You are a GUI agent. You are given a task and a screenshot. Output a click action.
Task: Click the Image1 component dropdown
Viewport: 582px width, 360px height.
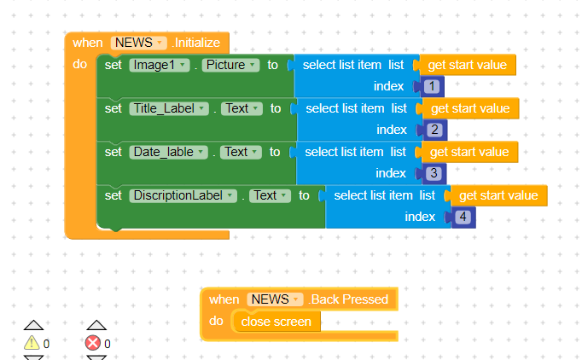160,65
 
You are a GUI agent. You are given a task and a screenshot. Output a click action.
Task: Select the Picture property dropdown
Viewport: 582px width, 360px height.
230,65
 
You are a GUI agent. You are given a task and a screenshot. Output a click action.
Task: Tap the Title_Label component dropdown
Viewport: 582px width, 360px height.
169,108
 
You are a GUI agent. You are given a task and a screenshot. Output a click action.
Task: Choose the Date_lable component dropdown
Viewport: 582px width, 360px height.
168,152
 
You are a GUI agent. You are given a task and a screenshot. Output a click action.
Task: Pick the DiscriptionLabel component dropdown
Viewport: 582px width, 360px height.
183,195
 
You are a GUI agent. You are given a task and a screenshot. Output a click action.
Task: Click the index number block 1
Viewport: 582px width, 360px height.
431,86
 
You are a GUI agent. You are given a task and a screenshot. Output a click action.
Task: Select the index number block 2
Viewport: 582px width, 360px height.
434,130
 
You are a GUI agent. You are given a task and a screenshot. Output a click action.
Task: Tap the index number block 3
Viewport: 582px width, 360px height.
434,173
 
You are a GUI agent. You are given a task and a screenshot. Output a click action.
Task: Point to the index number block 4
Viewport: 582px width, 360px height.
463,217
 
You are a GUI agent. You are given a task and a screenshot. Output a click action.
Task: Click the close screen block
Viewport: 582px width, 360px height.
276,322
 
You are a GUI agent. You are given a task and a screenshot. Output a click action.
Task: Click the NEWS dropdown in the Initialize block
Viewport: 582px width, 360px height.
138,43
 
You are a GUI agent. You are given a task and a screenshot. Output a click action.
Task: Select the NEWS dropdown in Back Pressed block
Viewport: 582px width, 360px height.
275,299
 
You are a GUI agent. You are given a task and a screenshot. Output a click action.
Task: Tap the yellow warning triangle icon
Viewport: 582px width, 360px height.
32,343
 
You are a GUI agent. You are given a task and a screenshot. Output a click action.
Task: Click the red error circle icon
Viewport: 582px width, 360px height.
93,343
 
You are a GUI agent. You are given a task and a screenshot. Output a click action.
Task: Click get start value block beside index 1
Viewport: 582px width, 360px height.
468,65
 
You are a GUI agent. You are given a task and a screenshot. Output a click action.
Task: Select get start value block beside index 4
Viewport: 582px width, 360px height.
498,195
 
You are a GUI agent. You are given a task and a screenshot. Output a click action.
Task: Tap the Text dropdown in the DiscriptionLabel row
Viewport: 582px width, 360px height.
270,195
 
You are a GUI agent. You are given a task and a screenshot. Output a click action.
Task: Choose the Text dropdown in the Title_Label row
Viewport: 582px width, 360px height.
242,108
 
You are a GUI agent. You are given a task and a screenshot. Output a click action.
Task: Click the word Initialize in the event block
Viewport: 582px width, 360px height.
197,43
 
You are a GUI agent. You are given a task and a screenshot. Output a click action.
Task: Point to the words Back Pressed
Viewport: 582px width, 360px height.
349,299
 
